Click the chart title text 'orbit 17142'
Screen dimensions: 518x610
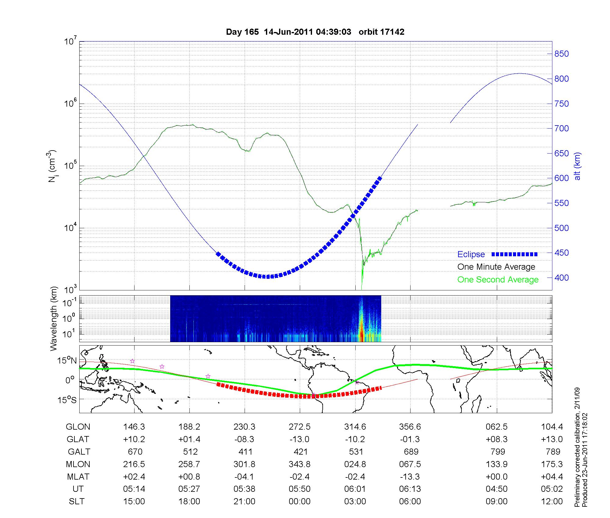(x=381, y=32)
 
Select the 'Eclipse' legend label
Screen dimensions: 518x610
(x=471, y=254)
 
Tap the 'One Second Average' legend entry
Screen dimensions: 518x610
(x=498, y=280)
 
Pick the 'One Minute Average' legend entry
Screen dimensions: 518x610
(x=496, y=267)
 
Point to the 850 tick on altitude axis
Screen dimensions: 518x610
(x=562, y=54)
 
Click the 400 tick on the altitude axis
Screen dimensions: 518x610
(x=562, y=278)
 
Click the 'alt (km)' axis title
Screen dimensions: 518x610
(x=577, y=166)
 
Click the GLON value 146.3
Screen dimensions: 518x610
(x=134, y=427)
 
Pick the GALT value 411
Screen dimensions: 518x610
(x=245, y=452)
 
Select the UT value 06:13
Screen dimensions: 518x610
(x=410, y=489)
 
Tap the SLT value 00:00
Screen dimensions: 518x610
(x=300, y=502)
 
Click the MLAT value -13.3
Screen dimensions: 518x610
(x=410, y=477)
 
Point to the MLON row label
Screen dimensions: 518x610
(x=78, y=464)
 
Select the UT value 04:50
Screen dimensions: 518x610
(x=497, y=489)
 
